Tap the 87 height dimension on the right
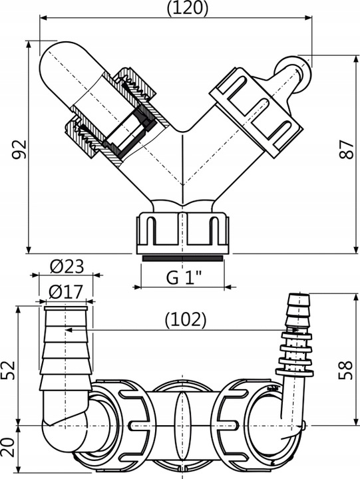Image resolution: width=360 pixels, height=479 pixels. pos(345,152)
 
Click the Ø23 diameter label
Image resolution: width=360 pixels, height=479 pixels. pos(67,266)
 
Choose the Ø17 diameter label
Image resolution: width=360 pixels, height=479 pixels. pos(66,291)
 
